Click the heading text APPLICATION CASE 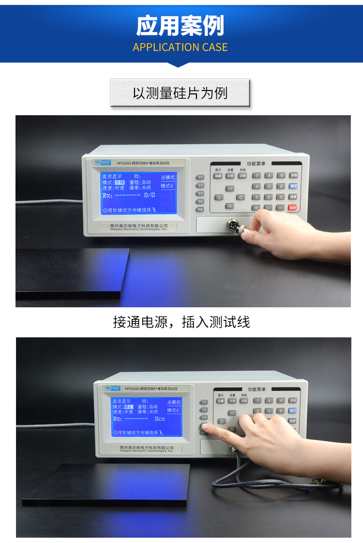point(180,47)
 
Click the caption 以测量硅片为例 point(180,93)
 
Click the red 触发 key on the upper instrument point(293,208)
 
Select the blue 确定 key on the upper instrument point(293,186)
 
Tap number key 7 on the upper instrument point(257,175)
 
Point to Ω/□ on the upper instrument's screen point(150,196)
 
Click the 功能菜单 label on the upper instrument point(256,165)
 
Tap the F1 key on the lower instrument point(204,402)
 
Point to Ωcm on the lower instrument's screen point(160,419)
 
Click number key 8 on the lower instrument point(269,401)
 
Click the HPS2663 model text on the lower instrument point(132,389)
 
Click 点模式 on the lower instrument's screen point(173,402)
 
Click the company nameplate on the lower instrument point(146,449)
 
